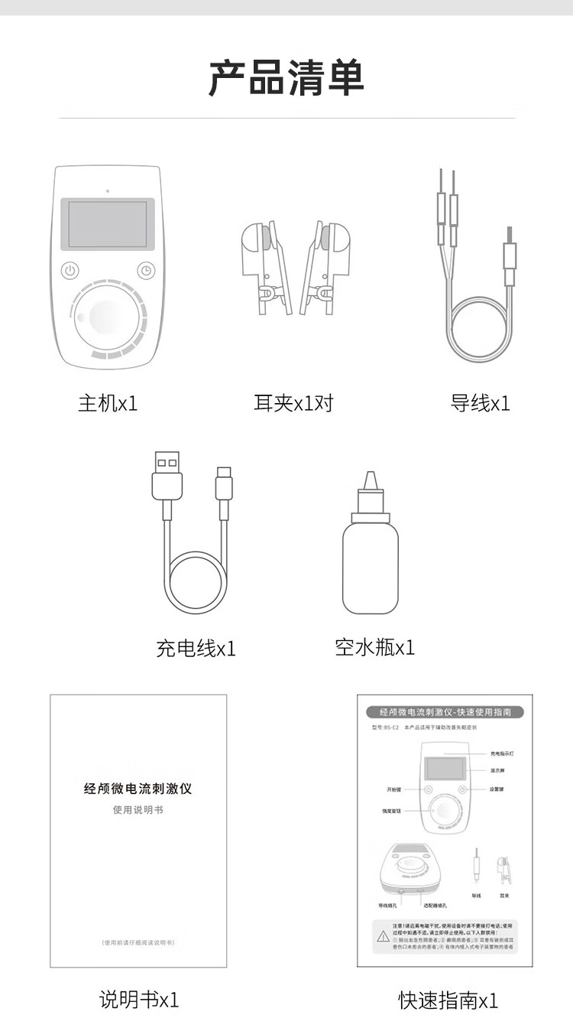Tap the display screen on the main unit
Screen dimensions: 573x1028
(x=108, y=224)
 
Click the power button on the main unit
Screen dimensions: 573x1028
(x=70, y=270)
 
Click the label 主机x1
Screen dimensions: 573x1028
(x=108, y=403)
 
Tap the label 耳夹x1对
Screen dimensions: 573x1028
(x=293, y=403)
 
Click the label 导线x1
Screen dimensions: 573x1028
(x=480, y=403)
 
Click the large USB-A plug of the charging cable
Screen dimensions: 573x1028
(x=167, y=478)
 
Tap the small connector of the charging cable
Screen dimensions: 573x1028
(x=224, y=486)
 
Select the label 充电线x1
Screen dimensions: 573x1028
(x=196, y=649)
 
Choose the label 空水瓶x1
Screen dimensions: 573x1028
(x=374, y=647)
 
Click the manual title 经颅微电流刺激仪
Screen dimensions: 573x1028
(x=138, y=789)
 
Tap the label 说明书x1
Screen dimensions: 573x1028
(x=138, y=999)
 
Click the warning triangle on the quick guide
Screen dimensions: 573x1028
(x=384, y=936)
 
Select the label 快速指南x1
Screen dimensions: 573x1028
(x=448, y=1000)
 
